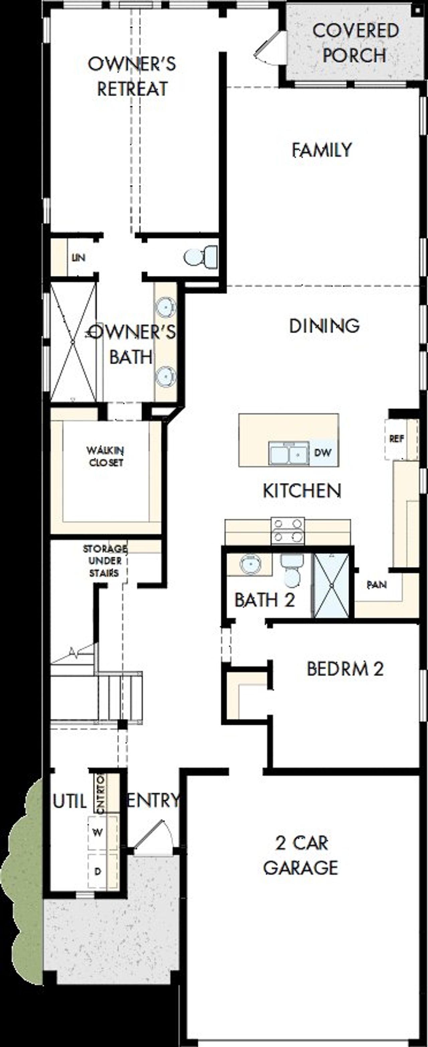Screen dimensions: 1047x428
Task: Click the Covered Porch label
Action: pyautogui.click(x=355, y=43)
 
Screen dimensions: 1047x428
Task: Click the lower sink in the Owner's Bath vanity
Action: pyautogui.click(x=166, y=376)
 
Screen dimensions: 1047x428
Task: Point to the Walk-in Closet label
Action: pyautogui.click(x=105, y=456)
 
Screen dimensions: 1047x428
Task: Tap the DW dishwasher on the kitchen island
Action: pyautogui.click(x=323, y=452)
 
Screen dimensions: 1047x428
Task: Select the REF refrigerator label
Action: pyautogui.click(x=396, y=438)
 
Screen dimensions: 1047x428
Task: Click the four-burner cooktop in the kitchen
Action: pyautogui.click(x=288, y=530)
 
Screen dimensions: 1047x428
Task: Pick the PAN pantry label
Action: pyautogui.click(x=377, y=585)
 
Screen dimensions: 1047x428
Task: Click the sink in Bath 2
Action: pyautogui.click(x=249, y=564)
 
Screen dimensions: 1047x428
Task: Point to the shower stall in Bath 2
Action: pyautogui.click(x=332, y=585)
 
